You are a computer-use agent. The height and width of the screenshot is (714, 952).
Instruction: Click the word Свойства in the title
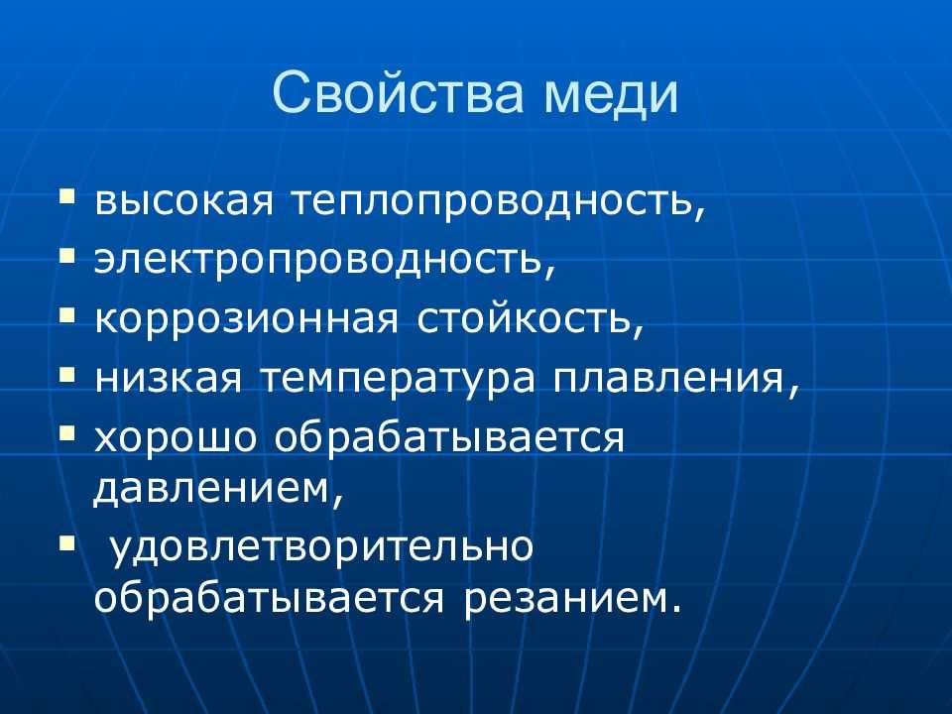click(399, 93)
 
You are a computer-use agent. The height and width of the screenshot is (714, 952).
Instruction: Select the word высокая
click(184, 201)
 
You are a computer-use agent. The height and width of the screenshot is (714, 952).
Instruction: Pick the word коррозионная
click(246, 319)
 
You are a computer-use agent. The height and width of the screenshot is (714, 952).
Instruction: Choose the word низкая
click(169, 378)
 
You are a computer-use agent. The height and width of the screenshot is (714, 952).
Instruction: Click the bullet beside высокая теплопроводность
click(67, 196)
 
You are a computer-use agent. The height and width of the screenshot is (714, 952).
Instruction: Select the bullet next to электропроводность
click(67, 256)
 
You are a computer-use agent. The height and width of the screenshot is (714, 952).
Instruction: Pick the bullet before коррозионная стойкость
click(67, 314)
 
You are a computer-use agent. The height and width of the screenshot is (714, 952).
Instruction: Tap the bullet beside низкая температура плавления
click(67, 374)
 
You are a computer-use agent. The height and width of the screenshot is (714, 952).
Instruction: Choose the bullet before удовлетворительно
click(67, 541)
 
